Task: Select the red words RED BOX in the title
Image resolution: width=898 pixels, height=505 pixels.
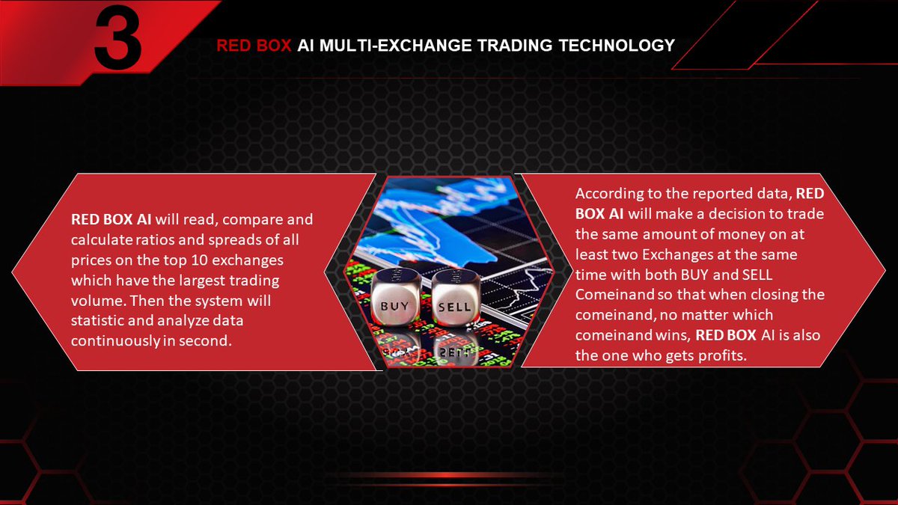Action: click(254, 46)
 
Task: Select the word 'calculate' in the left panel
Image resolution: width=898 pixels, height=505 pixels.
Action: click(99, 241)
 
